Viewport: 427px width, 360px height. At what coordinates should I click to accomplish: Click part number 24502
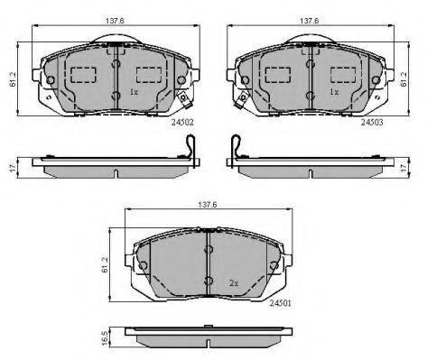pos(182,122)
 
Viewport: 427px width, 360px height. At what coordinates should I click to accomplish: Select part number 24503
pos(372,122)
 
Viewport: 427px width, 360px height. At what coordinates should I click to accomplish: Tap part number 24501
pos(280,303)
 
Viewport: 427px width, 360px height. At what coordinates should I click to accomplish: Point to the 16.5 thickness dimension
pos(105,338)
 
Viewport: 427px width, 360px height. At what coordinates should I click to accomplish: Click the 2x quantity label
pos(234,283)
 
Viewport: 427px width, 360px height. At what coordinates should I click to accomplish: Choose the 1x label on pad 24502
pos(134,92)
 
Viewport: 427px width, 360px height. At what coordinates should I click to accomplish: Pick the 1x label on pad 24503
pos(334,92)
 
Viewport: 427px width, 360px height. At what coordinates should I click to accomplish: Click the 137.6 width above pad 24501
pos(208,205)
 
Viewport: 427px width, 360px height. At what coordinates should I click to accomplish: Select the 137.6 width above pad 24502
pos(115,21)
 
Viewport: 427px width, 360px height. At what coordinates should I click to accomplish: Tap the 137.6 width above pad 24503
pos(310,21)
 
